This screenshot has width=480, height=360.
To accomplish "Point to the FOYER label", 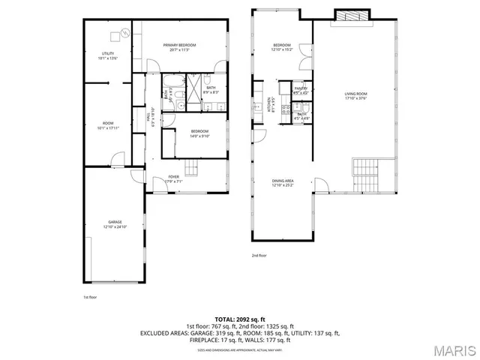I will click(x=173, y=178).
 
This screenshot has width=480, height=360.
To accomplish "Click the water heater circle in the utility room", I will click(x=115, y=37).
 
